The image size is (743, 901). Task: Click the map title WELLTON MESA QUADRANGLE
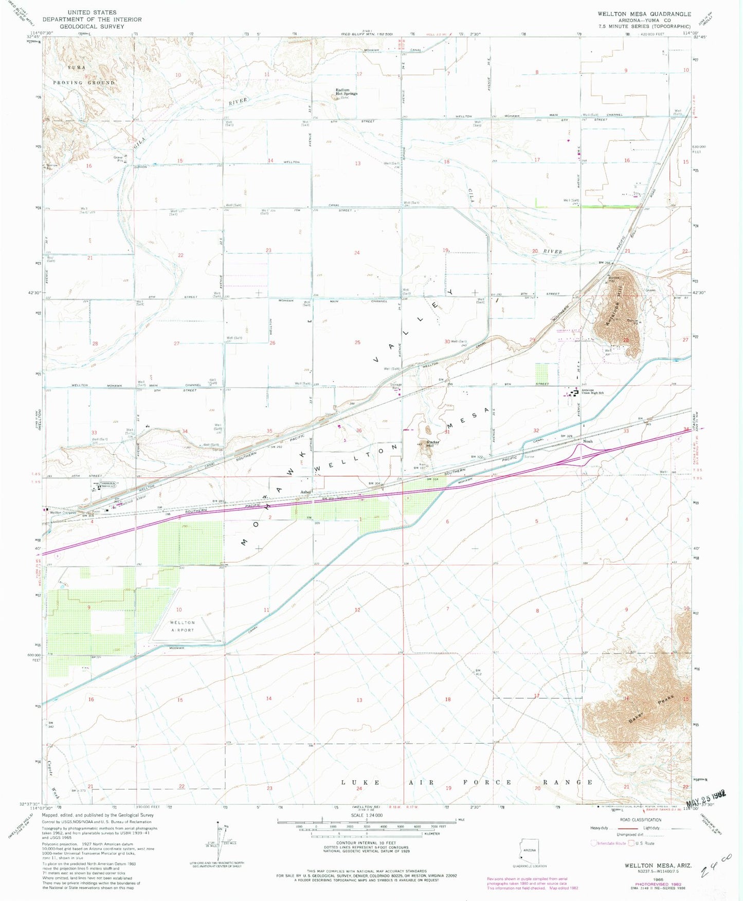(x=644, y=14)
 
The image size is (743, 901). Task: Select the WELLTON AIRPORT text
(x=183, y=626)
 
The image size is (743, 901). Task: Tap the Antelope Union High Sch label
(x=592, y=392)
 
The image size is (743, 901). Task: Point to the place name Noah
(x=587, y=441)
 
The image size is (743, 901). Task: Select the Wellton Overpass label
(x=62, y=512)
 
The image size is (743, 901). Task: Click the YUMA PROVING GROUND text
(x=83, y=75)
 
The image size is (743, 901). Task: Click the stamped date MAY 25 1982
(x=706, y=807)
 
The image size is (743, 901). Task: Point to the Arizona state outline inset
(x=529, y=853)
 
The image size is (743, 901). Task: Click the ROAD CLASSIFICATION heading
(x=641, y=820)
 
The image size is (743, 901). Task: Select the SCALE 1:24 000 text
(x=367, y=816)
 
